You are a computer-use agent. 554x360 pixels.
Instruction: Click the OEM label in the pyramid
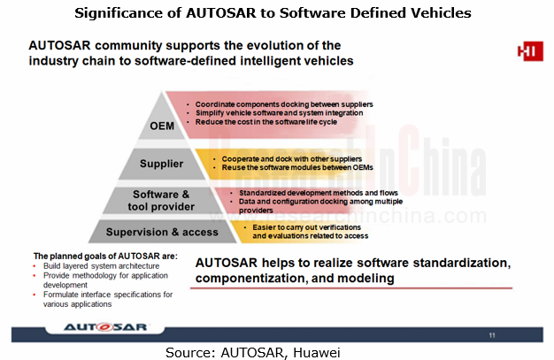tap(161, 125)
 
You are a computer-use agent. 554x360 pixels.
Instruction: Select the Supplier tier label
tap(161, 164)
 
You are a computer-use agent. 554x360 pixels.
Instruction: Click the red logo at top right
tap(529, 51)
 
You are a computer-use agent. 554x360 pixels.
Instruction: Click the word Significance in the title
tap(129, 12)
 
